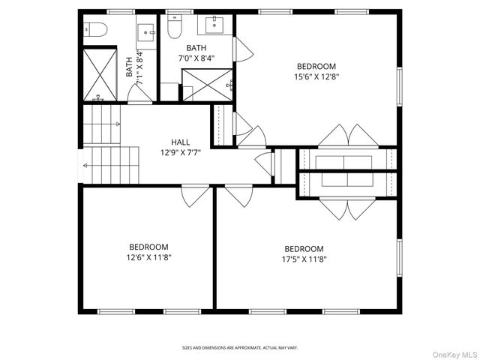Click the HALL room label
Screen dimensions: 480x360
tap(180, 142)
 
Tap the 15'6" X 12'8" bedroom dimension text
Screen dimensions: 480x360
tap(316, 76)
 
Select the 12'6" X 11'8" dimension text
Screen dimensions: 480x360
tap(148, 257)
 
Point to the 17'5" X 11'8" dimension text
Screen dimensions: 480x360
tap(304, 259)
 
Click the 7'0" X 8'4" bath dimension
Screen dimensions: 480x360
tap(196, 58)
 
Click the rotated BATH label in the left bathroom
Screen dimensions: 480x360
tap(130, 67)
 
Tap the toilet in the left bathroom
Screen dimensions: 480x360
tap(95, 30)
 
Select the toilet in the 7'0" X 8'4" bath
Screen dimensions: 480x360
tap(175, 27)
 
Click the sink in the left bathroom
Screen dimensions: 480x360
tap(146, 33)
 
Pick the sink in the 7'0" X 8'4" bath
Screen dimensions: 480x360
tap(214, 25)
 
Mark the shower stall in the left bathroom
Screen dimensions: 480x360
tap(100, 75)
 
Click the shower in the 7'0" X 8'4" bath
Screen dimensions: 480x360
tap(207, 85)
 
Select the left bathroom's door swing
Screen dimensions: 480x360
tap(139, 93)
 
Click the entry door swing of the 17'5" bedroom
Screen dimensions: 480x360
tap(238, 196)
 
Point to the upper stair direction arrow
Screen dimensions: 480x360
tap(116, 124)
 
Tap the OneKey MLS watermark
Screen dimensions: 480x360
tap(454, 355)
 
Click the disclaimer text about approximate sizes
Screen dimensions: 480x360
tap(240, 348)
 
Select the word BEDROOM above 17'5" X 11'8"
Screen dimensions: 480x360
tap(304, 249)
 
